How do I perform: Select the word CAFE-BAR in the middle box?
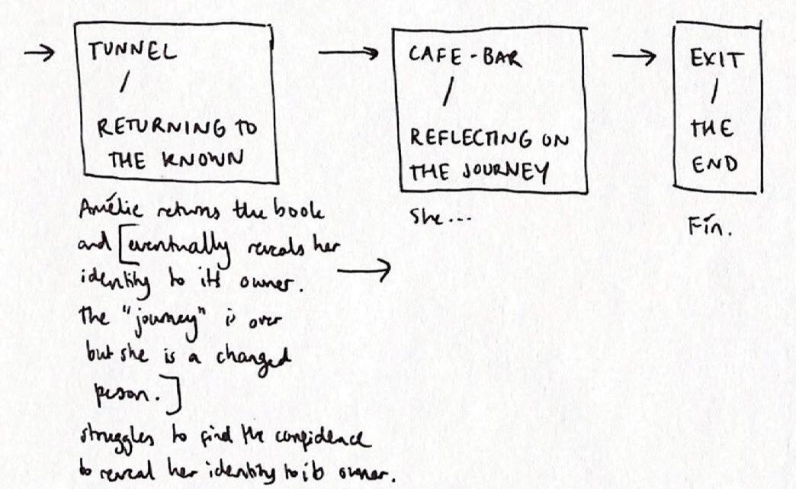(x=464, y=57)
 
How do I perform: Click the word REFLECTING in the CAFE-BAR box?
(x=471, y=138)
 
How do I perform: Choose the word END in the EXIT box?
(x=714, y=165)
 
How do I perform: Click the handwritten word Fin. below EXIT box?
(x=708, y=226)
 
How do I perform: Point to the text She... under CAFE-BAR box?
(x=438, y=218)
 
